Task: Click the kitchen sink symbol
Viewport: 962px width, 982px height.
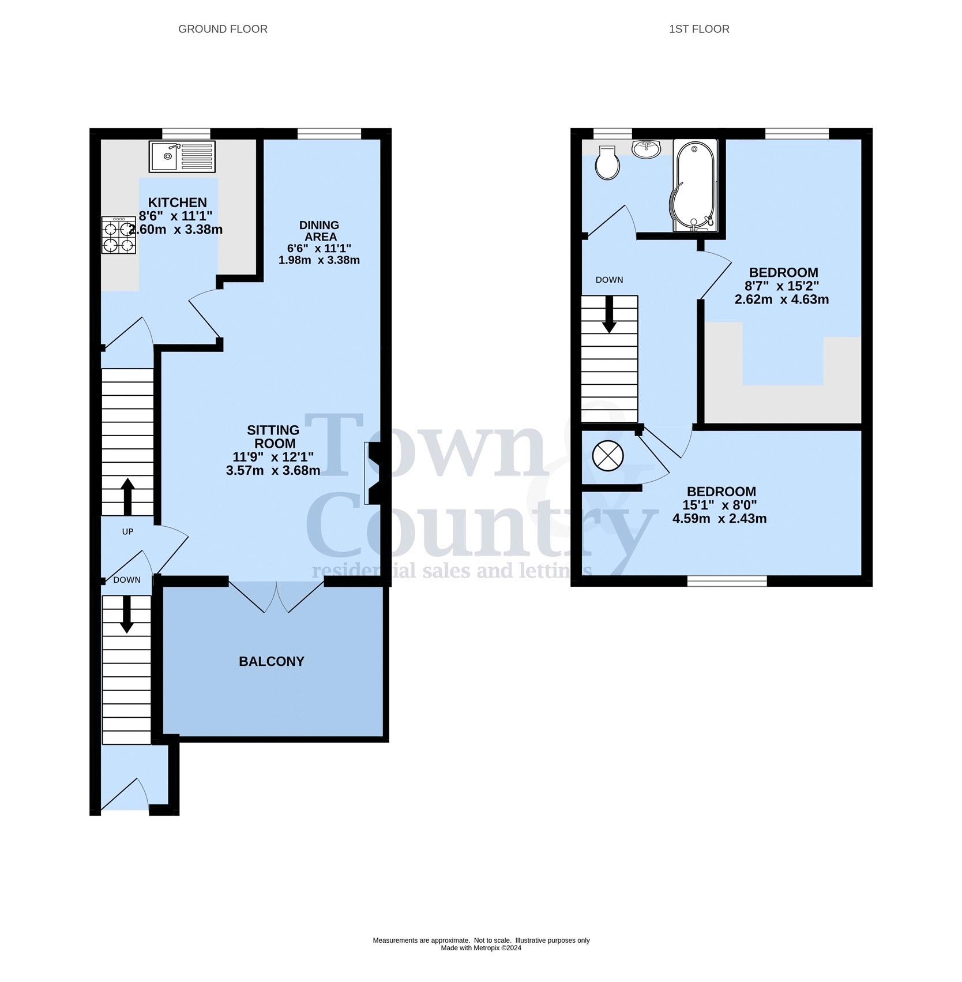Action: (x=182, y=156)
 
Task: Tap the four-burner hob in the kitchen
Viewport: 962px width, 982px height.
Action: (x=119, y=235)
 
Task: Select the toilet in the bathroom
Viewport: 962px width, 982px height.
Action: (x=608, y=163)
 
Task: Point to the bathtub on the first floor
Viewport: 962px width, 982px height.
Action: (x=694, y=185)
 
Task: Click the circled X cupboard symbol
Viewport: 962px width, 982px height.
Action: (x=608, y=455)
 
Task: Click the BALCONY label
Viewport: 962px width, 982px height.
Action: (x=272, y=661)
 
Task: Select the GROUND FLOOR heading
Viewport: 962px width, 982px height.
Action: (x=223, y=29)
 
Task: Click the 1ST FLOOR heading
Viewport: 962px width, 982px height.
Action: (x=699, y=29)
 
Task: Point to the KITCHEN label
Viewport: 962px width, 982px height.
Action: (x=178, y=203)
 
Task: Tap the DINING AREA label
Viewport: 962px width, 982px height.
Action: (x=320, y=231)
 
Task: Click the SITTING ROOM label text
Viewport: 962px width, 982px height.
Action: (x=273, y=437)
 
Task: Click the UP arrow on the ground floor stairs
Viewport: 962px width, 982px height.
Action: (x=127, y=497)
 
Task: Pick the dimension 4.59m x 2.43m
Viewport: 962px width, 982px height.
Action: (x=720, y=518)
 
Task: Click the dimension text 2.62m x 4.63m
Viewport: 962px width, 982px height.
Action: (x=782, y=299)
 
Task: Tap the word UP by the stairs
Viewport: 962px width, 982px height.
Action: (x=127, y=531)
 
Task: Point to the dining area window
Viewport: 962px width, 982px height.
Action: (x=329, y=134)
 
